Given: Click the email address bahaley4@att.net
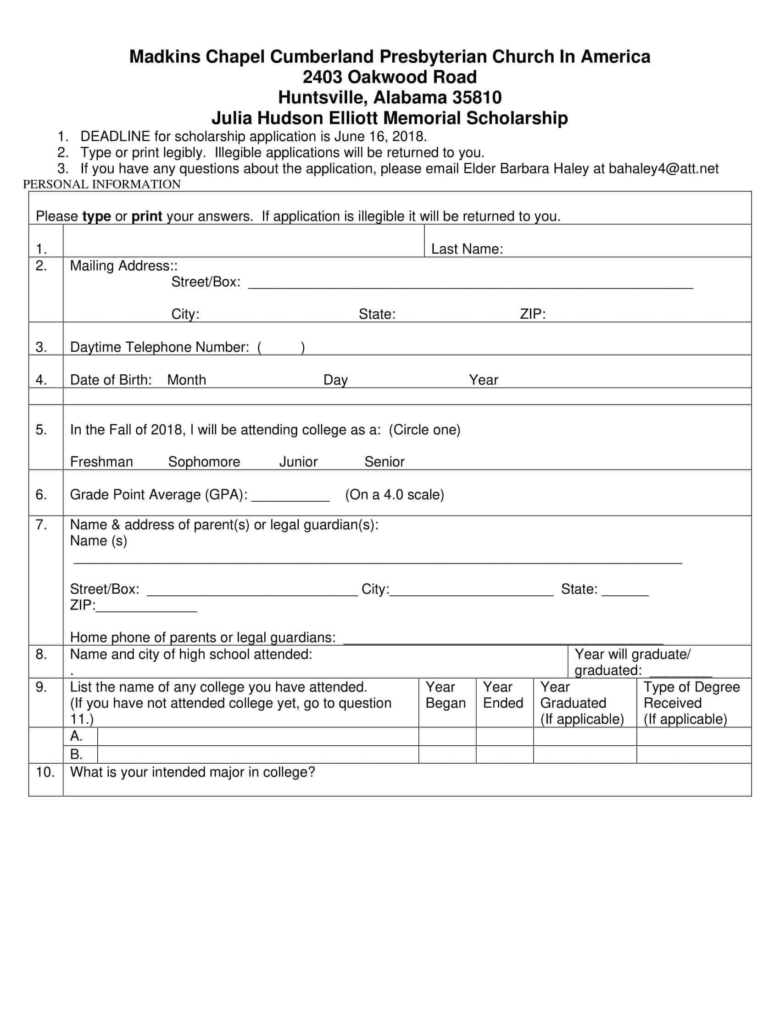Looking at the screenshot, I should coord(663,169).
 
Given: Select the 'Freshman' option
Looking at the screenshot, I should coord(101,461).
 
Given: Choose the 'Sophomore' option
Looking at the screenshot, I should coord(204,461).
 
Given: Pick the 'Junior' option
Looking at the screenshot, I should coord(298,461).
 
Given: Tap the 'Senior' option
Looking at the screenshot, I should coord(384,461).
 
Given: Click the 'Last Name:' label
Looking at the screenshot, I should coord(467,249).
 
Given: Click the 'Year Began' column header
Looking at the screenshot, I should coord(446,695).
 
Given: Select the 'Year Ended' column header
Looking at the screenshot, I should coord(503,695).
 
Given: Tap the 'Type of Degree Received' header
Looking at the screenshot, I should coord(691,695).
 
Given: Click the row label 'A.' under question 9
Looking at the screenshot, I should coord(76,736).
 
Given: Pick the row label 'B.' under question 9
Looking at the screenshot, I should coord(76,754).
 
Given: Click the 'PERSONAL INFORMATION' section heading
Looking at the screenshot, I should coord(102,184).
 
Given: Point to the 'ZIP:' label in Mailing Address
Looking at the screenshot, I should coord(532,314).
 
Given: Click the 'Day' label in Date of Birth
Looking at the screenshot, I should coord(335,380).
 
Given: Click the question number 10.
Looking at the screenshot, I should coord(45,772).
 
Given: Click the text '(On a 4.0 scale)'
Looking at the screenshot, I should coord(394,495).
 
